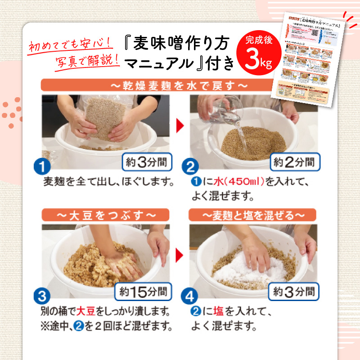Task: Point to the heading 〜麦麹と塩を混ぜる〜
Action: point(254,215)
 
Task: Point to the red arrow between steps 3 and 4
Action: point(180,255)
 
